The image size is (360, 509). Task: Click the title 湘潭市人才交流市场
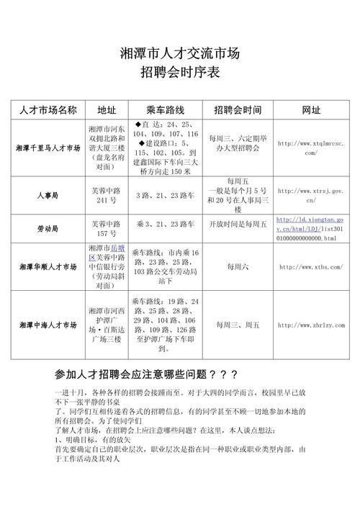click(x=179, y=53)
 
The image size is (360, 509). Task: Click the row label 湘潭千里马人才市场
click(x=48, y=148)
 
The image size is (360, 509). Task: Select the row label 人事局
click(x=48, y=195)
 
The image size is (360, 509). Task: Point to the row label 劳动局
click(x=48, y=228)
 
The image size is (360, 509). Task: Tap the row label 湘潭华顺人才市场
click(x=48, y=266)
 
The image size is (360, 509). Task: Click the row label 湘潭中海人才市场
click(x=48, y=326)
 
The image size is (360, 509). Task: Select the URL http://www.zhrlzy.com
click(x=310, y=326)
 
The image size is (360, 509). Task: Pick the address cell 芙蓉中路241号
click(x=107, y=195)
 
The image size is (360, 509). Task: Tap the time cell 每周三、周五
click(x=238, y=326)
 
